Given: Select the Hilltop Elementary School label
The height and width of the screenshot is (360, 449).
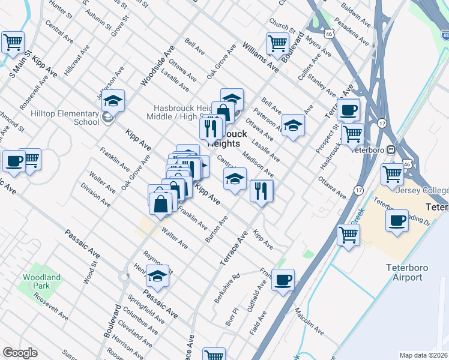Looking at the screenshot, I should pyautogui.click(x=65, y=118).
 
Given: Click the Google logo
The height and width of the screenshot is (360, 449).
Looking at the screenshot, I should pyautogui.click(x=20, y=353).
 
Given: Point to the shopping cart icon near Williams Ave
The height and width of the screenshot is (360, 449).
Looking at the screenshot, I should pyautogui.click(x=277, y=43).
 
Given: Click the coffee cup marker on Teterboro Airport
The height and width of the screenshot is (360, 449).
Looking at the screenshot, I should pyautogui.click(x=397, y=221).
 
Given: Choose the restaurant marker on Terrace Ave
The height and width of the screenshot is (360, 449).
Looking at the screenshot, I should pyautogui.click(x=261, y=190).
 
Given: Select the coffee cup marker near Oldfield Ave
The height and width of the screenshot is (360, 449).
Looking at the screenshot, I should pyautogui.click(x=283, y=279).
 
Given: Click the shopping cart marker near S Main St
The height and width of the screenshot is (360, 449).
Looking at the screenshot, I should pyautogui.click(x=13, y=43).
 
